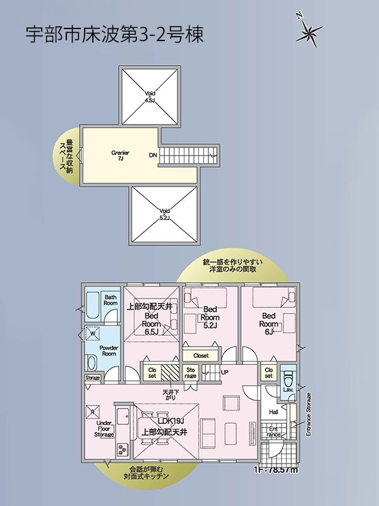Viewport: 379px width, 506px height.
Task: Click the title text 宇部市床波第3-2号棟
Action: (114, 35)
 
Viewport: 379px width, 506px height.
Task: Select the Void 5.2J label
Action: (164, 214)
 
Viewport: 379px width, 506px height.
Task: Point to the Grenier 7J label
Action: (120, 156)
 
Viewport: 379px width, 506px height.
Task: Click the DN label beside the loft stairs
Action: (153, 155)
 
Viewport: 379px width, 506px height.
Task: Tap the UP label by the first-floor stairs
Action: (224, 372)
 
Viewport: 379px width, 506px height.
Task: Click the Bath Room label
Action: (111, 300)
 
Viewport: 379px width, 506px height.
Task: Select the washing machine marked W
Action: (93, 333)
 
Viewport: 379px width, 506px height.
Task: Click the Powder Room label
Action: (109, 351)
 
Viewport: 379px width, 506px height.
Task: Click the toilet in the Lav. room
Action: (288, 380)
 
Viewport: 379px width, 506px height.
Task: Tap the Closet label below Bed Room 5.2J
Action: (201, 355)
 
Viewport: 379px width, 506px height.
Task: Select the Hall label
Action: (274, 412)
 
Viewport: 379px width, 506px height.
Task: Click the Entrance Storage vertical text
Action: (309, 414)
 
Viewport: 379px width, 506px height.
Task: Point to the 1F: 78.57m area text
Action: (275, 469)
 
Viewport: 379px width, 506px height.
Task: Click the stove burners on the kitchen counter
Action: (121, 450)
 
